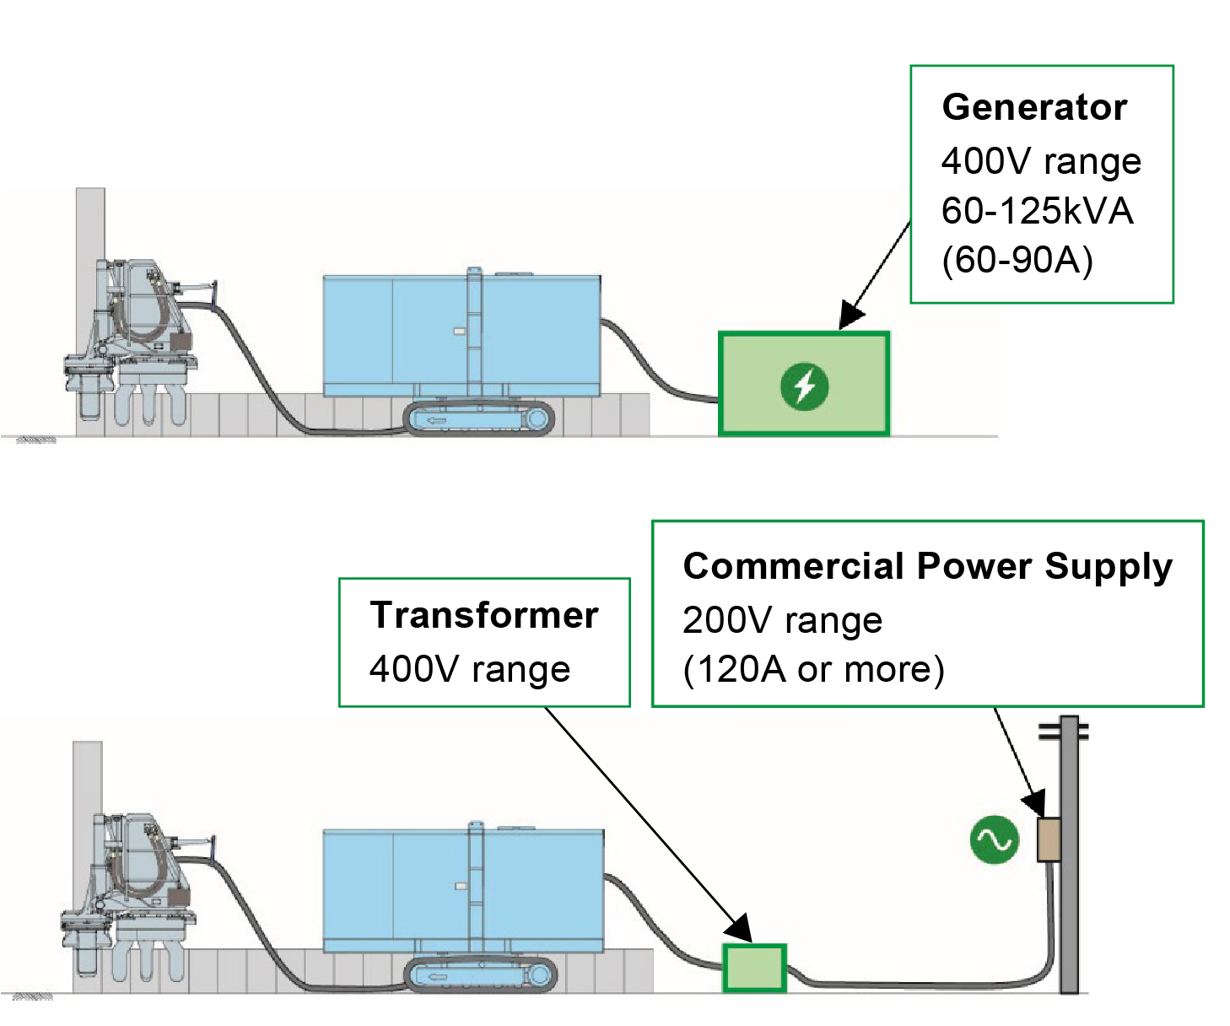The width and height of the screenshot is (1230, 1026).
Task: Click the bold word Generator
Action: click(x=1034, y=108)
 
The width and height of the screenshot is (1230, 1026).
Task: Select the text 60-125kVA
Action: click(x=1037, y=211)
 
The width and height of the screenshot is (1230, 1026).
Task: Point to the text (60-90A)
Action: click(x=1017, y=260)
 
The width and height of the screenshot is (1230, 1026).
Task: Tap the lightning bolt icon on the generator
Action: click(x=804, y=386)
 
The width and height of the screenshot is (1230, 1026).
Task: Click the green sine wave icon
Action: click(x=994, y=840)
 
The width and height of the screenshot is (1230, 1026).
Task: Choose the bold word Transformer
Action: click(x=484, y=615)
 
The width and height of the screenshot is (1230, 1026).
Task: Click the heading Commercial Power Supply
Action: click(x=927, y=566)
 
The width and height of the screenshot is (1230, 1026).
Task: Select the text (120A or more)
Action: click(x=813, y=669)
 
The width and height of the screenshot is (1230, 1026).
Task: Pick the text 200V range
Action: click(x=782, y=620)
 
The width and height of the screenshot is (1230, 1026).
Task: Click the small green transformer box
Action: click(x=754, y=967)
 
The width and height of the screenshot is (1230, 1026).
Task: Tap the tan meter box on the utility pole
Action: click(x=1049, y=839)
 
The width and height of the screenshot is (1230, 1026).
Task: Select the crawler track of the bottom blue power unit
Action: click(x=481, y=975)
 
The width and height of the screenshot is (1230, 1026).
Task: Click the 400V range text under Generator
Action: click(x=1041, y=161)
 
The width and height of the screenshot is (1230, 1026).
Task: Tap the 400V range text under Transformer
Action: click(x=470, y=669)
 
